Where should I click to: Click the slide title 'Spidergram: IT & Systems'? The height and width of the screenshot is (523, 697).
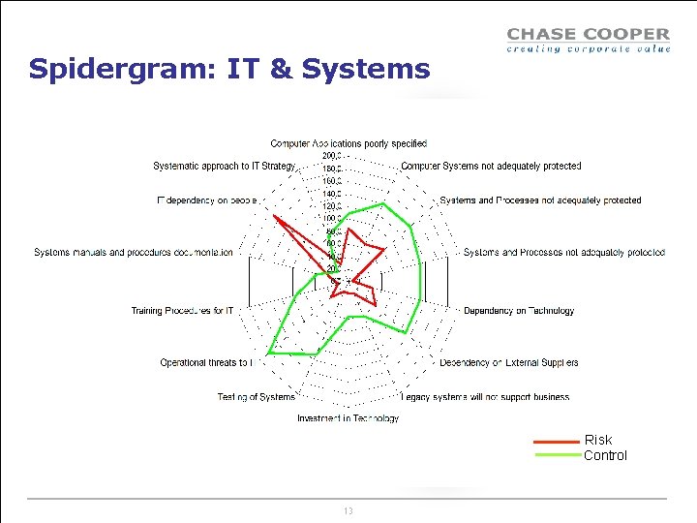click(x=229, y=70)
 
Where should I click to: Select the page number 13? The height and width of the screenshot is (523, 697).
click(x=348, y=510)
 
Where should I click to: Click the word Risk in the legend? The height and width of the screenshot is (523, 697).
click(x=598, y=440)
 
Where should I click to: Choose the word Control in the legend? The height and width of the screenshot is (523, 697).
click(x=605, y=455)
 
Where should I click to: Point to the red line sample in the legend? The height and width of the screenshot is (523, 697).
click(x=557, y=441)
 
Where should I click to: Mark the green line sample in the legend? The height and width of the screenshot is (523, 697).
click(x=557, y=455)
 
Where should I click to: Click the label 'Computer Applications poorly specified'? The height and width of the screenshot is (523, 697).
click(x=348, y=143)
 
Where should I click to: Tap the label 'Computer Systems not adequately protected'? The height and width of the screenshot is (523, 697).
click(x=491, y=166)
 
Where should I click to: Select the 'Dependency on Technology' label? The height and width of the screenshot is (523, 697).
click(x=519, y=311)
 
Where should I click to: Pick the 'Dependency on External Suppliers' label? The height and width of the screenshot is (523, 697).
click(x=509, y=362)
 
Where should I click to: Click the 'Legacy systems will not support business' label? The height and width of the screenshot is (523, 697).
click(x=485, y=396)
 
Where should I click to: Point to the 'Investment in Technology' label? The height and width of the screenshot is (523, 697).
click(x=348, y=418)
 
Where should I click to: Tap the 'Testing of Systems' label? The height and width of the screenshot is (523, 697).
click(x=256, y=396)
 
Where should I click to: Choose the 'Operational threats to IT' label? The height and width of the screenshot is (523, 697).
click(x=206, y=362)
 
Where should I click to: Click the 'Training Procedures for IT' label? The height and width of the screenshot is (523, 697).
click(x=182, y=311)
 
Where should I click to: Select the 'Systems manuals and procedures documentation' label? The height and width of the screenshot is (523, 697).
click(x=133, y=253)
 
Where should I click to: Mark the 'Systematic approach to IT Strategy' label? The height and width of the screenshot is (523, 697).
click(x=224, y=166)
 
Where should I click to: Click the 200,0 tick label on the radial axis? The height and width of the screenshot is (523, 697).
click(x=330, y=155)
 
